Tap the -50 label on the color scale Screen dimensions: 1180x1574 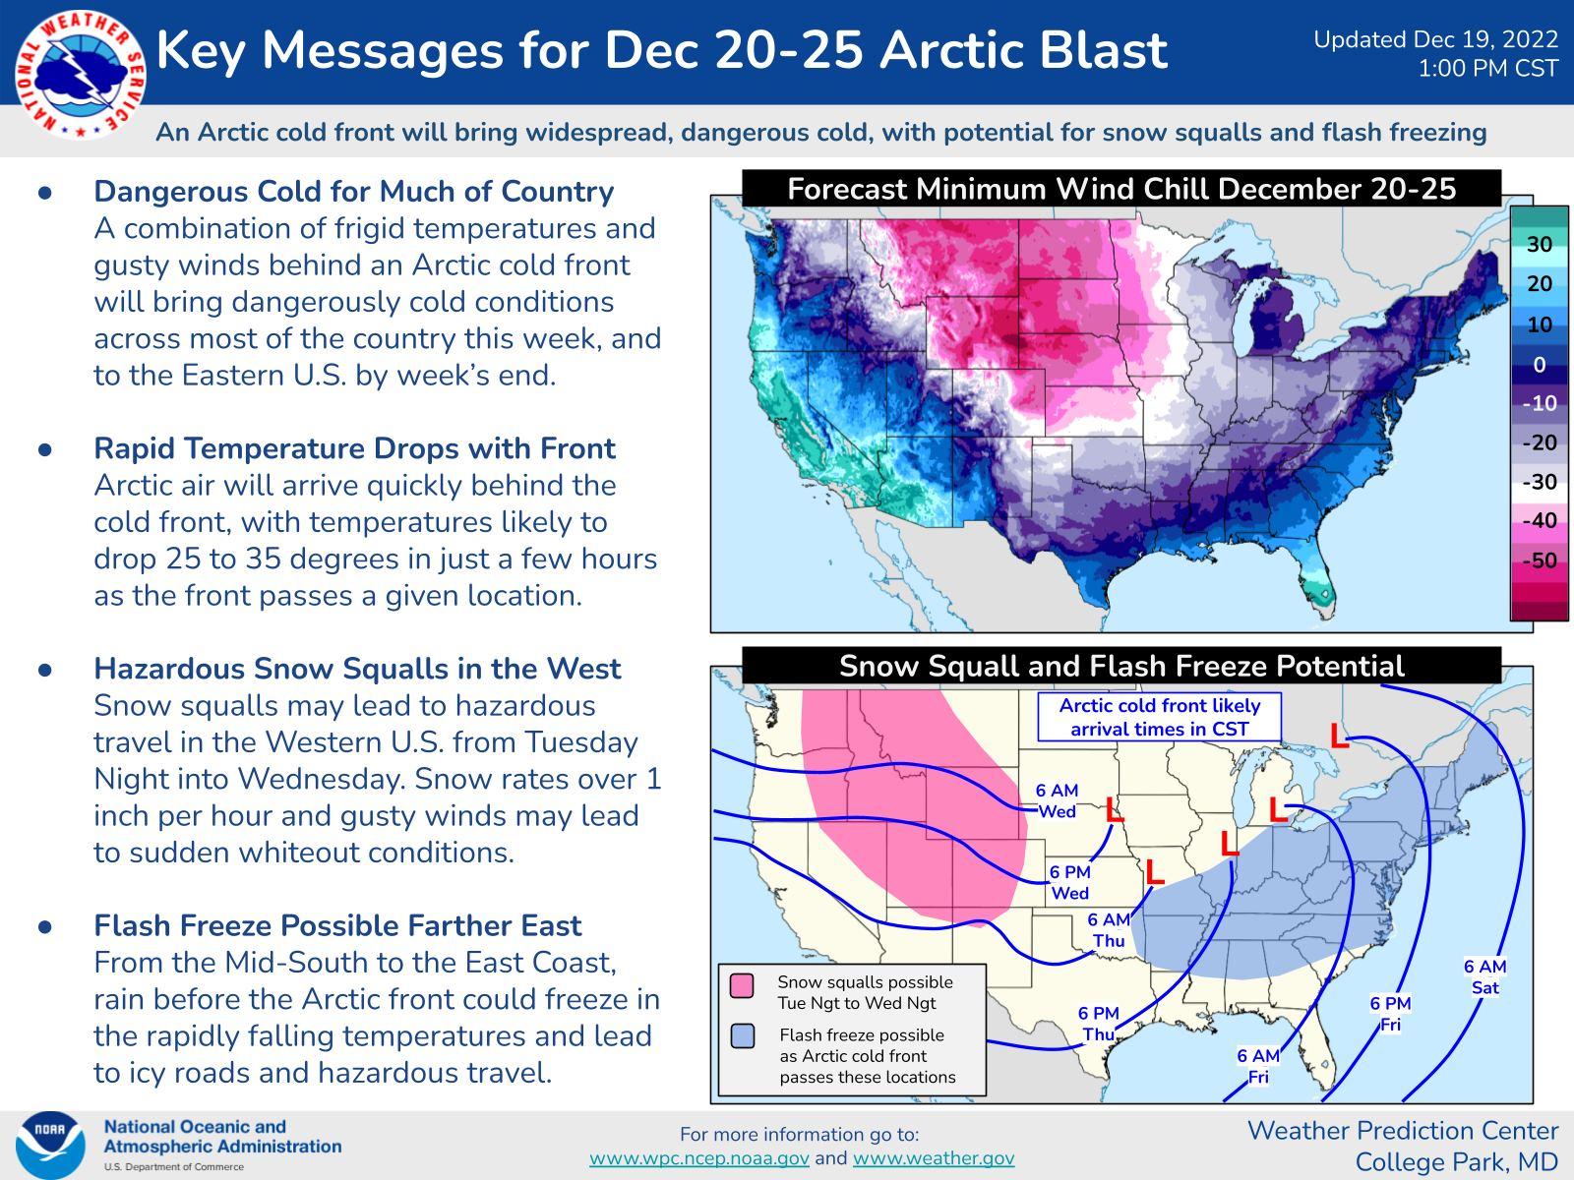point(1540,560)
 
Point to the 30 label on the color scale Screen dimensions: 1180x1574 point(1540,244)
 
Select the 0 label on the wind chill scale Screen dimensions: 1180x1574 point(1540,365)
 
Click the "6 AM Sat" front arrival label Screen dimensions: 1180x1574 point(1484,977)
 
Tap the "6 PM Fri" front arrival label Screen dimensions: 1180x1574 point(1390,1014)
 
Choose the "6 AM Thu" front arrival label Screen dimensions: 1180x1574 point(1108,930)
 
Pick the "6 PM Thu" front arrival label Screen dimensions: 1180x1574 point(1098,1024)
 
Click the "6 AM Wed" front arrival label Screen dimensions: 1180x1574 point(1057,800)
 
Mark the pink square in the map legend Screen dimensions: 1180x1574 point(743,984)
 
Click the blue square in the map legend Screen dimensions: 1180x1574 point(743,1036)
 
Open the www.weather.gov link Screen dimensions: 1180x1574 point(933,1158)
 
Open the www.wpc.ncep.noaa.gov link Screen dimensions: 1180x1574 point(699,1158)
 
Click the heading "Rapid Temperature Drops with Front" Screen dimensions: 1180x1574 point(354,448)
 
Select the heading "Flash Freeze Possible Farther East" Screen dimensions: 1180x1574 point(337,925)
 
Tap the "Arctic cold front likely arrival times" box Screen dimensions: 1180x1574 point(1159,718)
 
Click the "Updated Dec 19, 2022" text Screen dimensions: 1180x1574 point(1435,39)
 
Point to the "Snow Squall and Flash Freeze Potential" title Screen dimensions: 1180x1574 point(1121,667)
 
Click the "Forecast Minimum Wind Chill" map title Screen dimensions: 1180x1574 point(1121,189)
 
